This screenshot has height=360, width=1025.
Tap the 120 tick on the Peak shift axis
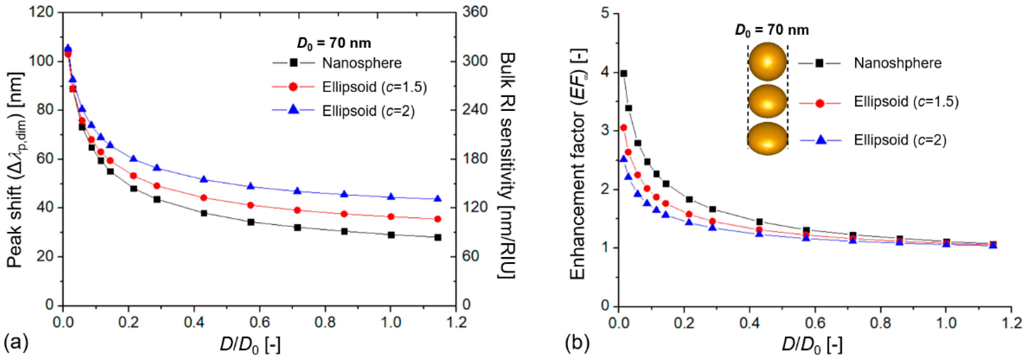tap(42, 12)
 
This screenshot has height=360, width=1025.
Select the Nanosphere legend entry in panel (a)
tap(361, 63)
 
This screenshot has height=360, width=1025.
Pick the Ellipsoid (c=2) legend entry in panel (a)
tap(368, 111)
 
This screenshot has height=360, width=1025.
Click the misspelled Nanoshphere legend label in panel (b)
tap(897, 63)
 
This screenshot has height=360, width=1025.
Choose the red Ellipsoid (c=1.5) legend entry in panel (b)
tap(906, 102)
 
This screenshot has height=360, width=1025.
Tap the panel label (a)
tap(16, 342)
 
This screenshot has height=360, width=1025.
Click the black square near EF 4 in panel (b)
tap(623, 73)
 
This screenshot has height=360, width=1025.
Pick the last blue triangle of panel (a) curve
tap(438, 198)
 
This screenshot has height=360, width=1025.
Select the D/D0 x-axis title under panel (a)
tap(250, 344)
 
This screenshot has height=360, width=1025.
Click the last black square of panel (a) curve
tap(438, 237)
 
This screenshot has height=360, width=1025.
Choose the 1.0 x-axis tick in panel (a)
tap(391, 322)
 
